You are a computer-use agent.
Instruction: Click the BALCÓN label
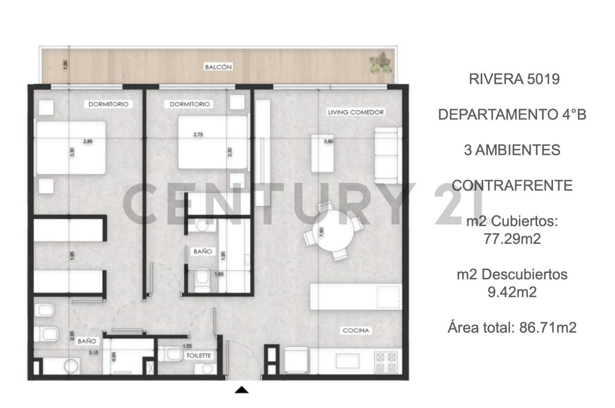pyautogui.click(x=218, y=67)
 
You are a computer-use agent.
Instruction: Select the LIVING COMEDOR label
pyautogui.click(x=356, y=112)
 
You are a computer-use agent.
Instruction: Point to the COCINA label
pyautogui.click(x=356, y=331)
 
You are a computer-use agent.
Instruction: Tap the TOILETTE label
pyautogui.click(x=199, y=355)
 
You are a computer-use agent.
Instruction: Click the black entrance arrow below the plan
pyautogui.click(x=241, y=391)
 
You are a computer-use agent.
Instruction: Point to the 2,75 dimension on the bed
pyautogui.click(x=198, y=135)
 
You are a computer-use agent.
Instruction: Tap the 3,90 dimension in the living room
pyautogui.click(x=329, y=141)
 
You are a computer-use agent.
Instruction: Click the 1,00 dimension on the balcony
pyautogui.click(x=65, y=65)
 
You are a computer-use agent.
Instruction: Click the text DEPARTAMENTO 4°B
pyautogui.click(x=512, y=115)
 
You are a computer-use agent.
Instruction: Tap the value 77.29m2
pyautogui.click(x=512, y=239)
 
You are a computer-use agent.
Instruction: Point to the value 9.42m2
pyautogui.click(x=512, y=292)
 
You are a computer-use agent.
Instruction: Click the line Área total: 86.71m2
pyautogui.click(x=512, y=327)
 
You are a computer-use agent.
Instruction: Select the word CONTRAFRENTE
pyautogui.click(x=512, y=185)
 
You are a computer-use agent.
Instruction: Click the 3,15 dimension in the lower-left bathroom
pyautogui.click(x=93, y=353)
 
